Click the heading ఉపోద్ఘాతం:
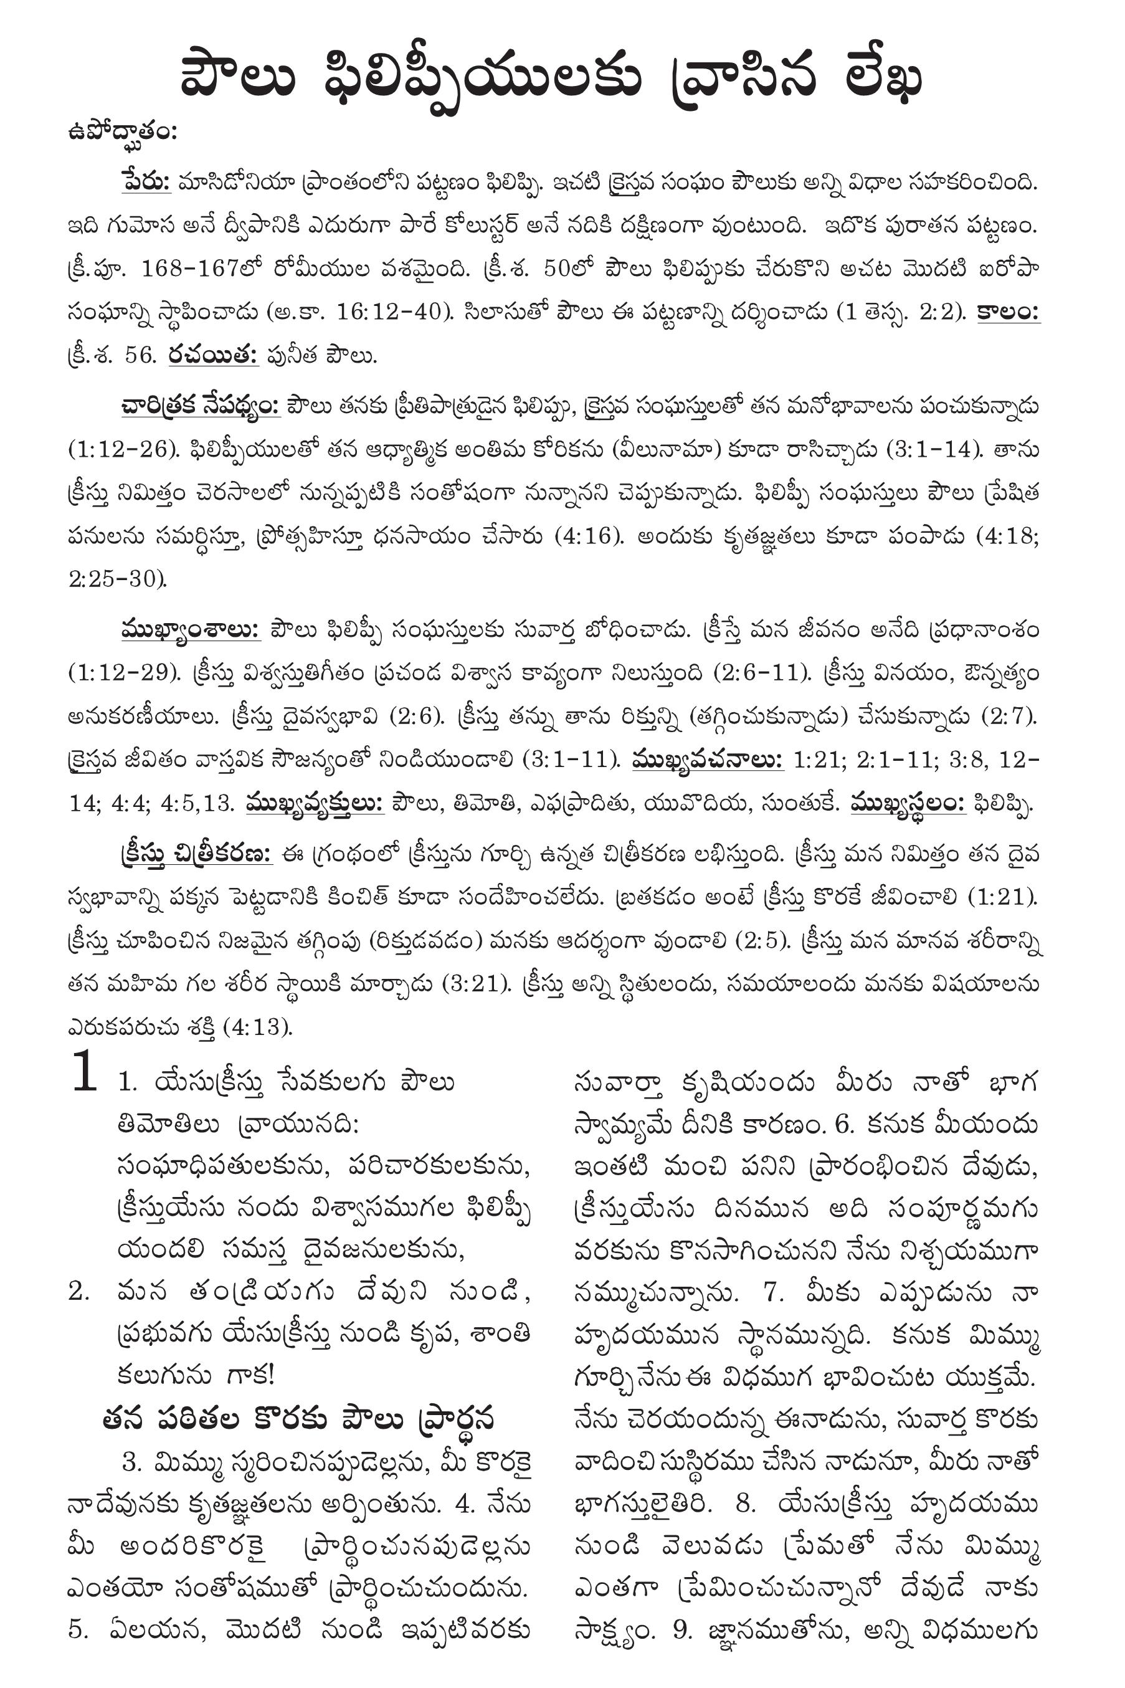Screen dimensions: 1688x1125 (x=122, y=133)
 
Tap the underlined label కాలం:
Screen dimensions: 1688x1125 (x=1009, y=312)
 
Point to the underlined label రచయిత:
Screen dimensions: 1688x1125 (x=214, y=355)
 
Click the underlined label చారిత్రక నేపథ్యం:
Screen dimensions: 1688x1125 (x=201, y=406)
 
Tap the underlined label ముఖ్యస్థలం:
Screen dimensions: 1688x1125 (x=908, y=803)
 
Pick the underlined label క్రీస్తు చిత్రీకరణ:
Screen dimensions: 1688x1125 (x=195, y=855)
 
